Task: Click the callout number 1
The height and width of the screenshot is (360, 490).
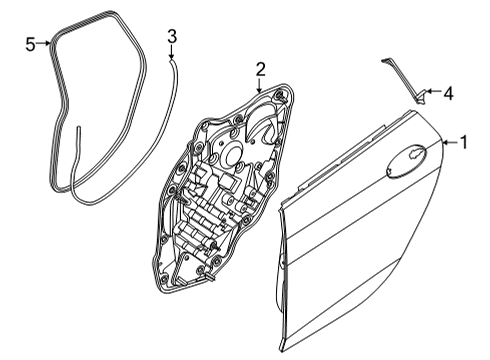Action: [x=462, y=142]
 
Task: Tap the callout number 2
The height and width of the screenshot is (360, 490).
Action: [x=259, y=69]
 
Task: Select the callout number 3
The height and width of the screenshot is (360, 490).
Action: [x=172, y=37]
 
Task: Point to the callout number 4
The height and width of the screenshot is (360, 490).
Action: [x=447, y=95]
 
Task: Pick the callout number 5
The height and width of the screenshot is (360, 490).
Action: [x=30, y=43]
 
